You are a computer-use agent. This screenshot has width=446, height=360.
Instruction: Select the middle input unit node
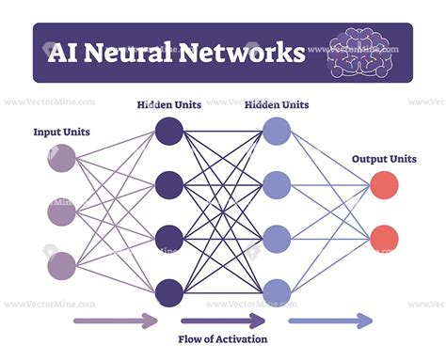(61, 213)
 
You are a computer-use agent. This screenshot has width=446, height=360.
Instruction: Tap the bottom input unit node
(61, 266)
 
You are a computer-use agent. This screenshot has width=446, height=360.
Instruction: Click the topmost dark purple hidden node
(169, 131)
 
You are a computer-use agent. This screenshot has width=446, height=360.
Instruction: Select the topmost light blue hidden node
(277, 131)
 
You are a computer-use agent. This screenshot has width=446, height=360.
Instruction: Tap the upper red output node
(384, 185)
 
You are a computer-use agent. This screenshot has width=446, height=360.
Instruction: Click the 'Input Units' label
(61, 133)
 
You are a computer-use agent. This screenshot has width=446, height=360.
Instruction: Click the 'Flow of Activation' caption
(223, 339)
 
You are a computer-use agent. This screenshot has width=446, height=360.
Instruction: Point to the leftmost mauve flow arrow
(115, 321)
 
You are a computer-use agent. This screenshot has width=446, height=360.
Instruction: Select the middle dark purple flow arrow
(222, 321)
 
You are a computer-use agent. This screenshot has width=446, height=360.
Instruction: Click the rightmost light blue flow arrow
(329, 321)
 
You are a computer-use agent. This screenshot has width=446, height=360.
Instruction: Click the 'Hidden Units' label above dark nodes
(169, 105)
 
